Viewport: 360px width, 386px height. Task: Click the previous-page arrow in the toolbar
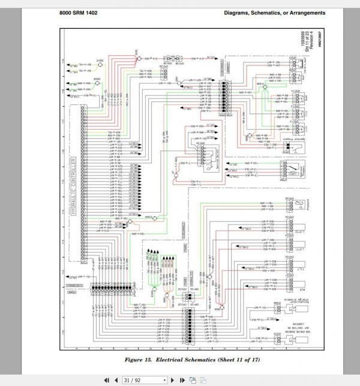pyautogui.click(x=116, y=379)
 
